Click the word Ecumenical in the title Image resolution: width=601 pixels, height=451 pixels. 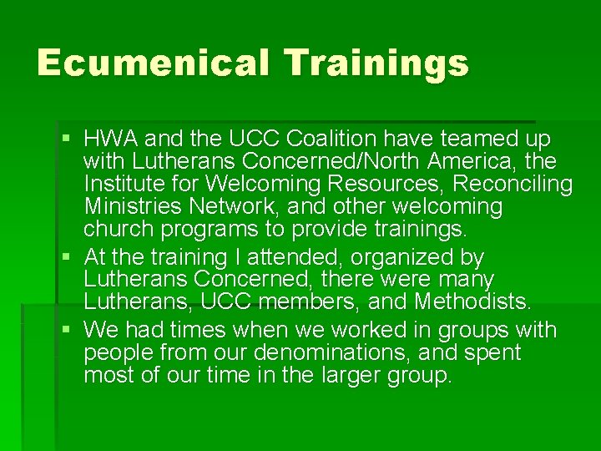coord(152,63)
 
